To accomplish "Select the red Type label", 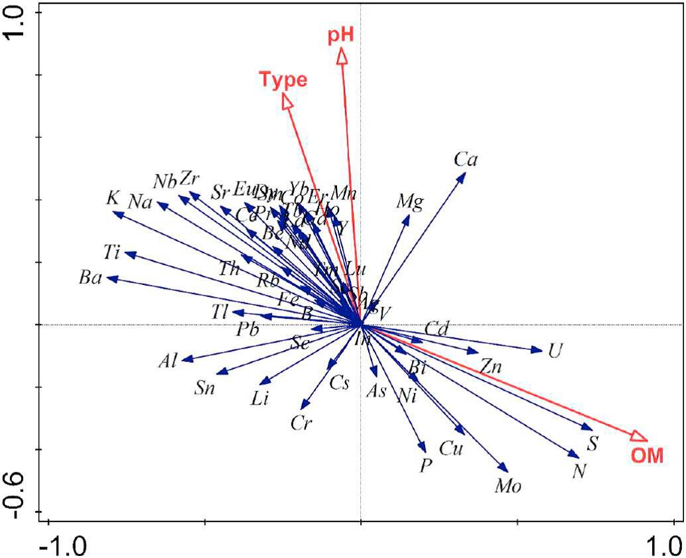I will tap(283, 80).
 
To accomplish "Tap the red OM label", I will tap(646, 455).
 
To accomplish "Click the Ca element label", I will tap(466, 159).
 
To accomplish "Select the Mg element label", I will tap(410, 201).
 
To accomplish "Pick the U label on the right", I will tap(554, 351).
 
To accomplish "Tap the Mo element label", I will tap(509, 486).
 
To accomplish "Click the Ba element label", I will tap(89, 278).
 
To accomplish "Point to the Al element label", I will tap(168, 361).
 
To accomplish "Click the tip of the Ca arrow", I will tap(465, 174).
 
